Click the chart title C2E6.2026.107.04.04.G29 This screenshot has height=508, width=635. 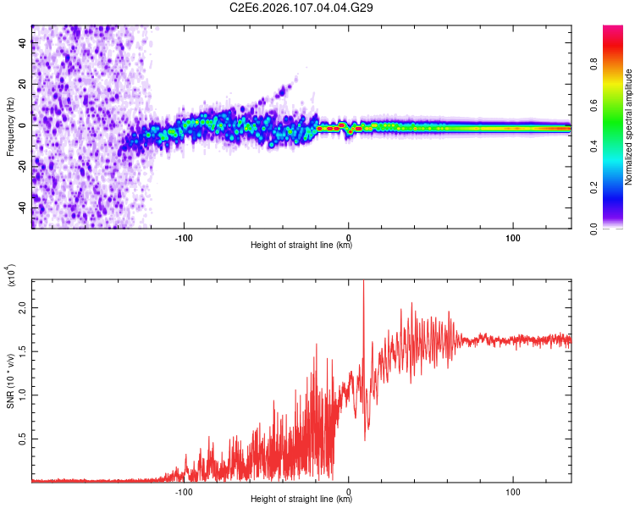coord(302,8)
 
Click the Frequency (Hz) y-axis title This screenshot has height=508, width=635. coord(10,127)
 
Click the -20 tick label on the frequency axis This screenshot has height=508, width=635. coord(21,167)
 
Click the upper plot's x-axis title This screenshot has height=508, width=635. coord(301,246)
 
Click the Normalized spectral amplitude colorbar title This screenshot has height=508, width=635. coord(629,127)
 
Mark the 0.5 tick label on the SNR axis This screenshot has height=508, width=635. coord(23,438)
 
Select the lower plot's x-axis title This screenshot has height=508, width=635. coord(301,500)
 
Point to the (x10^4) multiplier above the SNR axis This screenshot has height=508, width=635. coord(12,276)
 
